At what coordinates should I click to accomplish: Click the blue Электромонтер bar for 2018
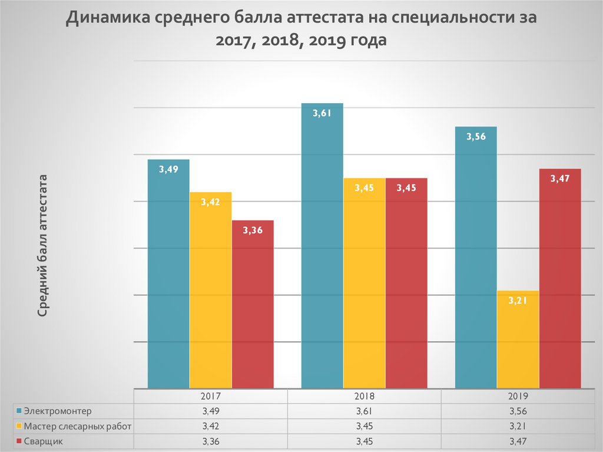tap(322, 248)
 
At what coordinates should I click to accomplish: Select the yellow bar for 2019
tap(518, 342)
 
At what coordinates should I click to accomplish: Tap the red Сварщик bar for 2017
tap(253, 306)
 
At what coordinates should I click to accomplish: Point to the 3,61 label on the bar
tap(322, 114)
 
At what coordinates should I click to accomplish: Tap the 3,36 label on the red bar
tap(253, 230)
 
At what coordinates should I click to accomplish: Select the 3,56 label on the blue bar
tap(476, 137)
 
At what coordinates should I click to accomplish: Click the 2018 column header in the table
tap(365, 397)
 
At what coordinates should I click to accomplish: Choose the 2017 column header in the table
tap(210, 397)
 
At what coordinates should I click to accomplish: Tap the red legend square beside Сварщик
tap(19, 441)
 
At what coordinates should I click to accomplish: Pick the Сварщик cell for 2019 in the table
tap(518, 441)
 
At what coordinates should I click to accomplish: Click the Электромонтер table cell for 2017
tap(210, 411)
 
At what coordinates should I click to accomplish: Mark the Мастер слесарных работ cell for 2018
tap(365, 425)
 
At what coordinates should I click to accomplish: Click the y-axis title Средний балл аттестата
tap(43, 246)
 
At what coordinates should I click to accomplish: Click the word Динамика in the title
tap(108, 18)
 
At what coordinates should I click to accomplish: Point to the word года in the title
tap(363, 42)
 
